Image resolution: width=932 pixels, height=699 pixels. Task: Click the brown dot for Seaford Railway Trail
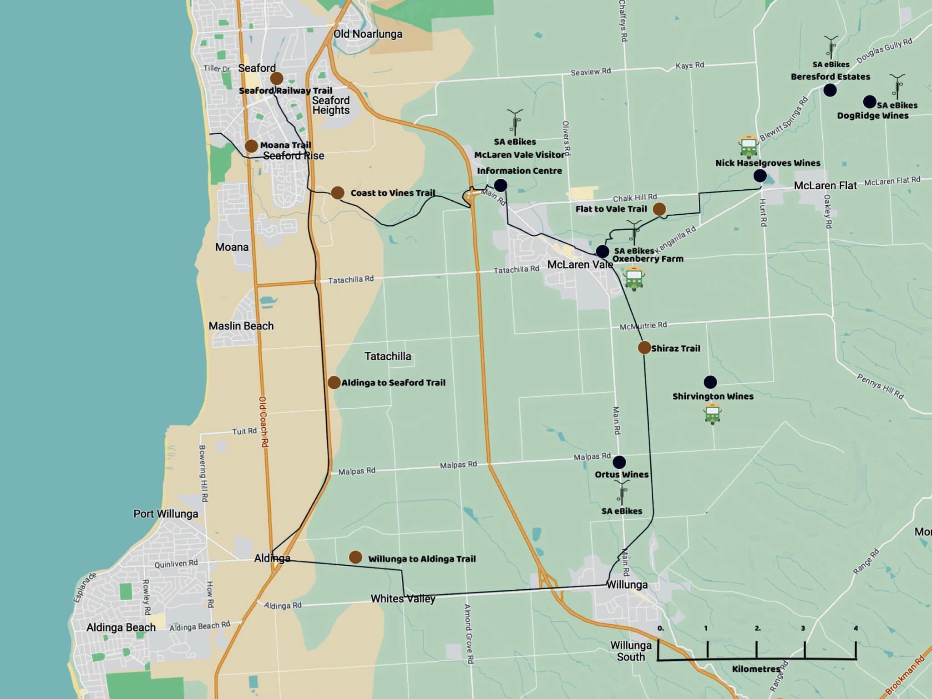(x=276, y=78)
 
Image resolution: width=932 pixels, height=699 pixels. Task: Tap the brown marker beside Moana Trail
(x=251, y=146)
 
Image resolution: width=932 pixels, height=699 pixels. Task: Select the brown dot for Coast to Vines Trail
(x=337, y=192)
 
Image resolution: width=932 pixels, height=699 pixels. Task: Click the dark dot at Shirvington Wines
(x=710, y=382)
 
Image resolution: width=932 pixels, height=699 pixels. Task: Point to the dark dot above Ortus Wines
(x=619, y=462)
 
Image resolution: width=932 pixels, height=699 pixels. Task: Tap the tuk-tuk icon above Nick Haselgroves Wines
(x=749, y=146)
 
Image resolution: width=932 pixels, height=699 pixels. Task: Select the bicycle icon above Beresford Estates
(x=831, y=47)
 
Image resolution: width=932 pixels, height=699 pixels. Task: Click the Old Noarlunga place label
(x=368, y=34)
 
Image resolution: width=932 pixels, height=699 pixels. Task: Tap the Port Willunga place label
(x=166, y=514)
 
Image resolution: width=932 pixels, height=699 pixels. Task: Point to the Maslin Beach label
(x=241, y=326)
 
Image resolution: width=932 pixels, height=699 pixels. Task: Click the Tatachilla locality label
(x=388, y=356)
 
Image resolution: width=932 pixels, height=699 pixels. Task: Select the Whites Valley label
(x=403, y=598)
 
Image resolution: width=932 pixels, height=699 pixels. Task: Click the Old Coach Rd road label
(x=263, y=421)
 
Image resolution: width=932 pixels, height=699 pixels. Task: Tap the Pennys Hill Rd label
(x=880, y=386)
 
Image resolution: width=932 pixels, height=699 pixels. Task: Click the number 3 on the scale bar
(x=803, y=628)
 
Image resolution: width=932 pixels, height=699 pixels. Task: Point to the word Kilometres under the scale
(x=756, y=669)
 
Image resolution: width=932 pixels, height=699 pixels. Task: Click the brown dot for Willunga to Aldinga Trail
(x=355, y=557)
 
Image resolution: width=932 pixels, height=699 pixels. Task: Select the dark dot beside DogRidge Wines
(x=869, y=101)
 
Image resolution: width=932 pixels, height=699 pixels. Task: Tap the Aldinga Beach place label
(x=121, y=628)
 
